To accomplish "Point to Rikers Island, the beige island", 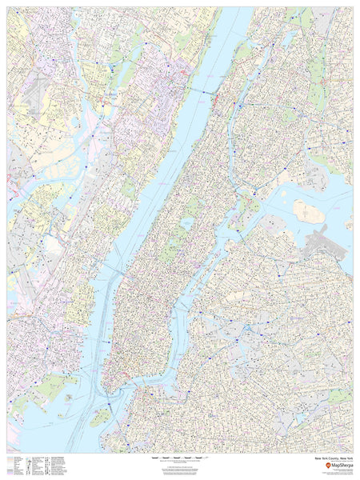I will click(308, 211).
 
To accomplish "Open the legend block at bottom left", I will click(40, 465).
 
